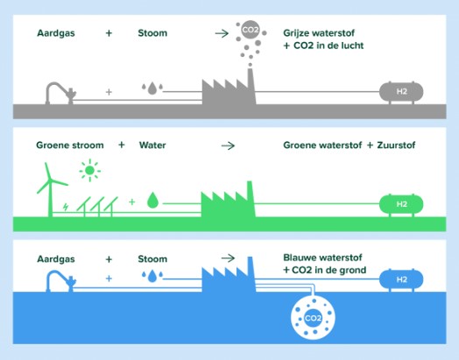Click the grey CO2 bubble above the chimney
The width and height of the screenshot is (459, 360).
tap(251, 29)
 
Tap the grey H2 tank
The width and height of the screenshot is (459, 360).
tap(401, 92)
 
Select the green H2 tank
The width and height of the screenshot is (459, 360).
tap(401, 204)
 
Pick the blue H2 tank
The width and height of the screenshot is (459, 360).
tap(401, 279)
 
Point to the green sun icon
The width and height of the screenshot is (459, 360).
tap(90, 170)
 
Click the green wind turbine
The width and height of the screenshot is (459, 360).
tap(50, 190)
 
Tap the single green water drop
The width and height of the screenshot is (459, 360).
tap(152, 201)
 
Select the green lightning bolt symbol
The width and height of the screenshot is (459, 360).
tap(66, 207)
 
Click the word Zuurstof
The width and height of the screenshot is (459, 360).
tap(396, 145)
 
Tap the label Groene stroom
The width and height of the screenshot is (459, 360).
tap(70, 145)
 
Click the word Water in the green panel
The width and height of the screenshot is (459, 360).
tap(152, 145)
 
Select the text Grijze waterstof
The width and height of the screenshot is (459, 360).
tap(319, 33)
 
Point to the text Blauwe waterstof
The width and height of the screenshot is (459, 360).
tap(322, 258)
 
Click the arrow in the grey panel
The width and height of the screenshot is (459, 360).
tap(222, 33)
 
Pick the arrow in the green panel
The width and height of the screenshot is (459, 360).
tap(228, 145)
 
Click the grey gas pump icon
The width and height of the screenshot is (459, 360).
tap(61, 93)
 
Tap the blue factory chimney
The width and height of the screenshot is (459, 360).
tap(251, 273)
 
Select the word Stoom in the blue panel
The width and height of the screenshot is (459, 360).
tap(152, 259)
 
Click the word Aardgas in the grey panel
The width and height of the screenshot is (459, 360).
tap(56, 33)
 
